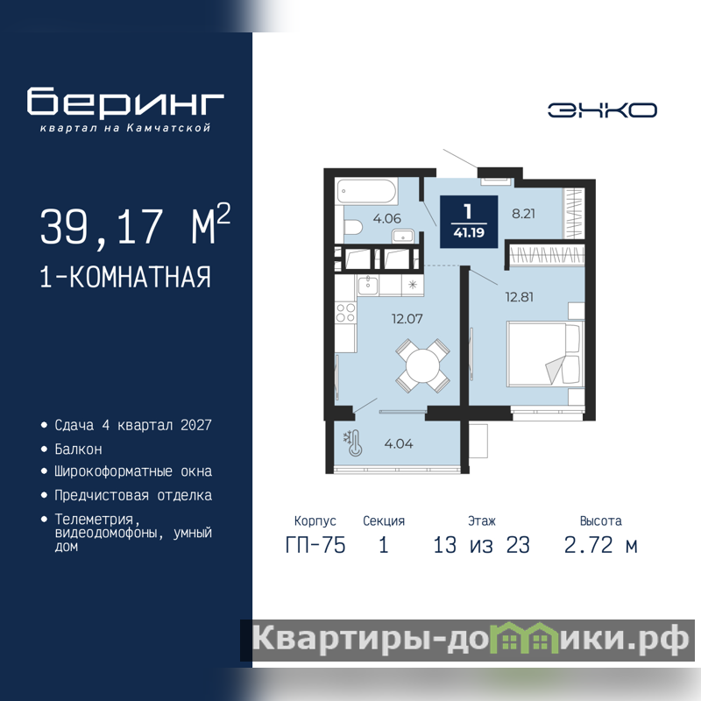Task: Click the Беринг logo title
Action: (125, 102)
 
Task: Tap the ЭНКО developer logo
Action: (602, 110)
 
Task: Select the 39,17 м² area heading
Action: (135, 224)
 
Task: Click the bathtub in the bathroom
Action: (366, 191)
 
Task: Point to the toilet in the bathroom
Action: (352, 227)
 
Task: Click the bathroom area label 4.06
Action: (387, 218)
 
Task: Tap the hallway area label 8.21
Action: (523, 214)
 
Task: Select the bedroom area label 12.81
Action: (519, 297)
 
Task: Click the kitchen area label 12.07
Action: (407, 319)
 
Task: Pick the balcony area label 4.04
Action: (399, 443)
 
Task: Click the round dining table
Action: (423, 365)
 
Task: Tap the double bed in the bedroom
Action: (545, 354)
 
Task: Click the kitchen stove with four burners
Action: (346, 312)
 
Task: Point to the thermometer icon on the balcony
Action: (356, 443)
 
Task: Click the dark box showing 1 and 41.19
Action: (469, 222)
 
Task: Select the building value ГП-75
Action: (315, 545)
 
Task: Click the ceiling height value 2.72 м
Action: (601, 545)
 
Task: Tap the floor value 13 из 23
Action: (481, 545)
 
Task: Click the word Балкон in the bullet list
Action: (78, 449)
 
